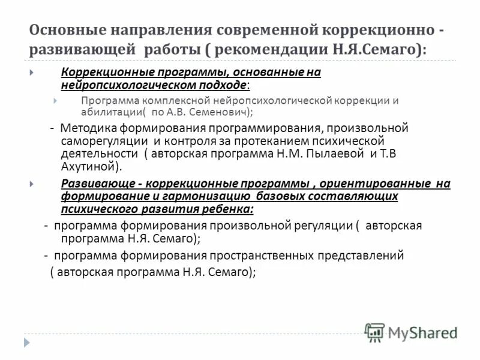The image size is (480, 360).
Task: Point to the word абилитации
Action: click(110, 112)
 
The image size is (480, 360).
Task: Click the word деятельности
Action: click(96, 153)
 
